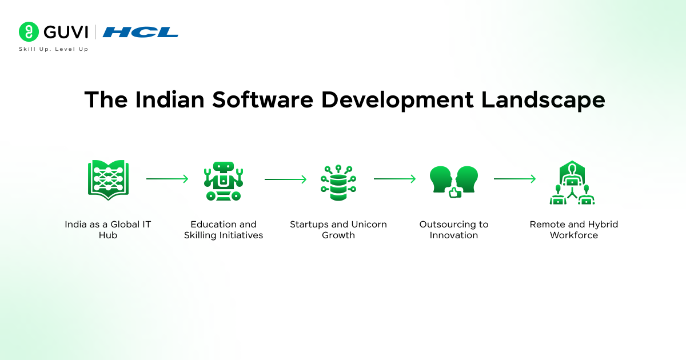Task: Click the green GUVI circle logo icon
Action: [x=29, y=32]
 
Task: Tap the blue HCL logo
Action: [x=141, y=32]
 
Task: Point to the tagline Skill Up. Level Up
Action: [x=54, y=49]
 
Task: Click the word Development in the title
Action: [x=397, y=100]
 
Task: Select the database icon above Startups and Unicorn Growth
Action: [x=338, y=182]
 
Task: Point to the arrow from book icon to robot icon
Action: [x=167, y=179]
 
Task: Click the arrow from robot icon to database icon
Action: [x=285, y=179]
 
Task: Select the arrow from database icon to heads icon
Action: [x=395, y=179]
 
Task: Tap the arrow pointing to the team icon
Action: [x=514, y=179]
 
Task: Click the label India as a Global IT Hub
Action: [x=107, y=230]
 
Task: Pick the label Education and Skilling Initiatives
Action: [x=224, y=230]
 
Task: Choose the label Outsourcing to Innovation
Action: [x=454, y=230]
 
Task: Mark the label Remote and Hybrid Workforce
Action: [x=573, y=230]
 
